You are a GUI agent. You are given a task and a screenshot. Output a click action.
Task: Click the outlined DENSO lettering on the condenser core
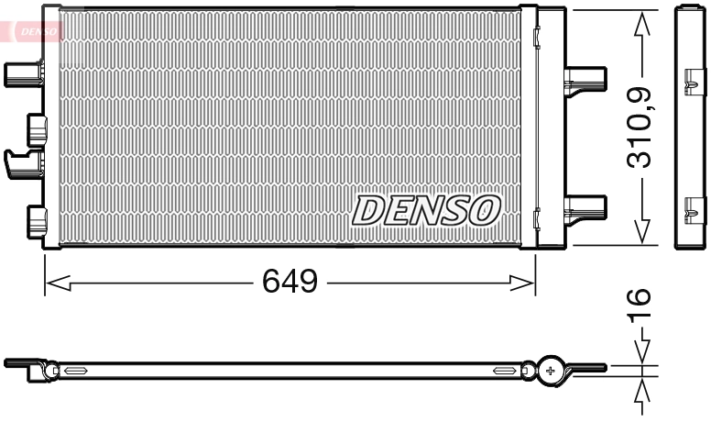pos(425,210)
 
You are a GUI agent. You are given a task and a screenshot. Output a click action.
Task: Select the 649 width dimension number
pos(290,282)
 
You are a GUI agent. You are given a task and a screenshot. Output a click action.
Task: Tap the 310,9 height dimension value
pos(640,127)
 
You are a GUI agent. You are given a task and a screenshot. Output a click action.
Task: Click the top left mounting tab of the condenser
pos(24,72)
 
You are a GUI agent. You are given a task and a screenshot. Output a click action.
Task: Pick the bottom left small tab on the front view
pos(37,218)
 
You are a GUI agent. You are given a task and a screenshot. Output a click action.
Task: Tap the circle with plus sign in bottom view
pos(551,370)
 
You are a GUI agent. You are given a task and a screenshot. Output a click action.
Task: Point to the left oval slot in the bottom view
pos(74,371)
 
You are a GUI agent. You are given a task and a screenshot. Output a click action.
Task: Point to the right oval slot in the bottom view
pos(505,371)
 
